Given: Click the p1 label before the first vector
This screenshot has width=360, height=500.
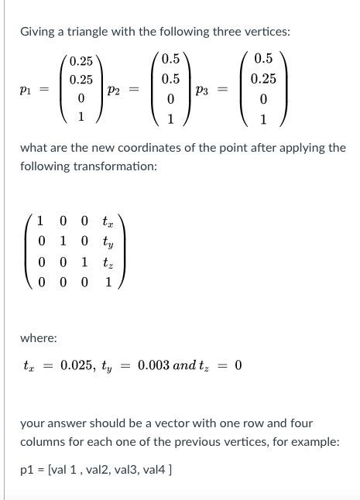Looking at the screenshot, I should coord(26,90).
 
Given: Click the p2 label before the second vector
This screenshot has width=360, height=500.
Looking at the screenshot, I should coord(115,90).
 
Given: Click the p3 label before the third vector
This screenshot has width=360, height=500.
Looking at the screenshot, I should coord(204,90).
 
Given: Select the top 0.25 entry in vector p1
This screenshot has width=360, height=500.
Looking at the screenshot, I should coord(81,61).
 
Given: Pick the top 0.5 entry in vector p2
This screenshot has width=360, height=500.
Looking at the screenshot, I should coord(170,60).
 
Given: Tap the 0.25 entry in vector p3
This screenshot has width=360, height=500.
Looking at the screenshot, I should coord(263,79).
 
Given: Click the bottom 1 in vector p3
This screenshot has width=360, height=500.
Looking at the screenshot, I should coord(263,119).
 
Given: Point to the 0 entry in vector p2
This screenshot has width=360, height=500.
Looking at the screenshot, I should coord(170,99).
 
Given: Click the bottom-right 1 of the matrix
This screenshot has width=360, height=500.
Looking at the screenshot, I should coord(108,283).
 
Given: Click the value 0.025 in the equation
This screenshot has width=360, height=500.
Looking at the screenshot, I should coord(77,365).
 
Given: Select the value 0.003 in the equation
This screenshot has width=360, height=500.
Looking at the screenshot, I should coord(154,365).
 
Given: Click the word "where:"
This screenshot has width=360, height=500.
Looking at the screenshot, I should coord(38,337).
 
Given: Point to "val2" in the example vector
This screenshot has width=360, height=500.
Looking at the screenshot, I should coord(98,470).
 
